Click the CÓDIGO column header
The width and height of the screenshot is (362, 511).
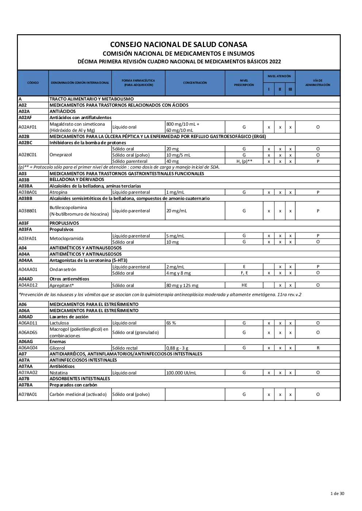(x=33, y=83)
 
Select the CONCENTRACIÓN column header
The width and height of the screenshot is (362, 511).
(x=195, y=83)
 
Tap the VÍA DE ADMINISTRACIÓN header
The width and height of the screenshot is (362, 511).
(x=318, y=83)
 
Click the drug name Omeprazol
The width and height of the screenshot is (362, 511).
(x=61, y=155)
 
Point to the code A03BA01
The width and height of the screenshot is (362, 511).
(x=28, y=192)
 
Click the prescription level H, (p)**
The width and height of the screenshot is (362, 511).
(x=244, y=161)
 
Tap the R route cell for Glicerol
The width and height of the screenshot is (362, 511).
(x=318, y=348)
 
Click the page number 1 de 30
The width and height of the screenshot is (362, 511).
(x=337, y=494)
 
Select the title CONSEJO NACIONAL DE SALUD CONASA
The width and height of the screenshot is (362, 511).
(x=179, y=44)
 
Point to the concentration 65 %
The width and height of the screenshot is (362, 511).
(x=171, y=323)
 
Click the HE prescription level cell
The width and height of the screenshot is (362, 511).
(x=244, y=285)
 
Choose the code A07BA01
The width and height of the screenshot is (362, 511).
(x=28, y=394)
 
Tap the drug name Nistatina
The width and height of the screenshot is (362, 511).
(x=58, y=373)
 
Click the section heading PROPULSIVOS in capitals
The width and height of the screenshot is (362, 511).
(x=64, y=223)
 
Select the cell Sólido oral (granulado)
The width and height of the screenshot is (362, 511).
(x=135, y=333)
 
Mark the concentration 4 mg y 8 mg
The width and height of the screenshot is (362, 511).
(x=178, y=273)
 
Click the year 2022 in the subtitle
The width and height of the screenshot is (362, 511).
(x=275, y=61)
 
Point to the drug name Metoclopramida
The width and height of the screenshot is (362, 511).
(x=66, y=239)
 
